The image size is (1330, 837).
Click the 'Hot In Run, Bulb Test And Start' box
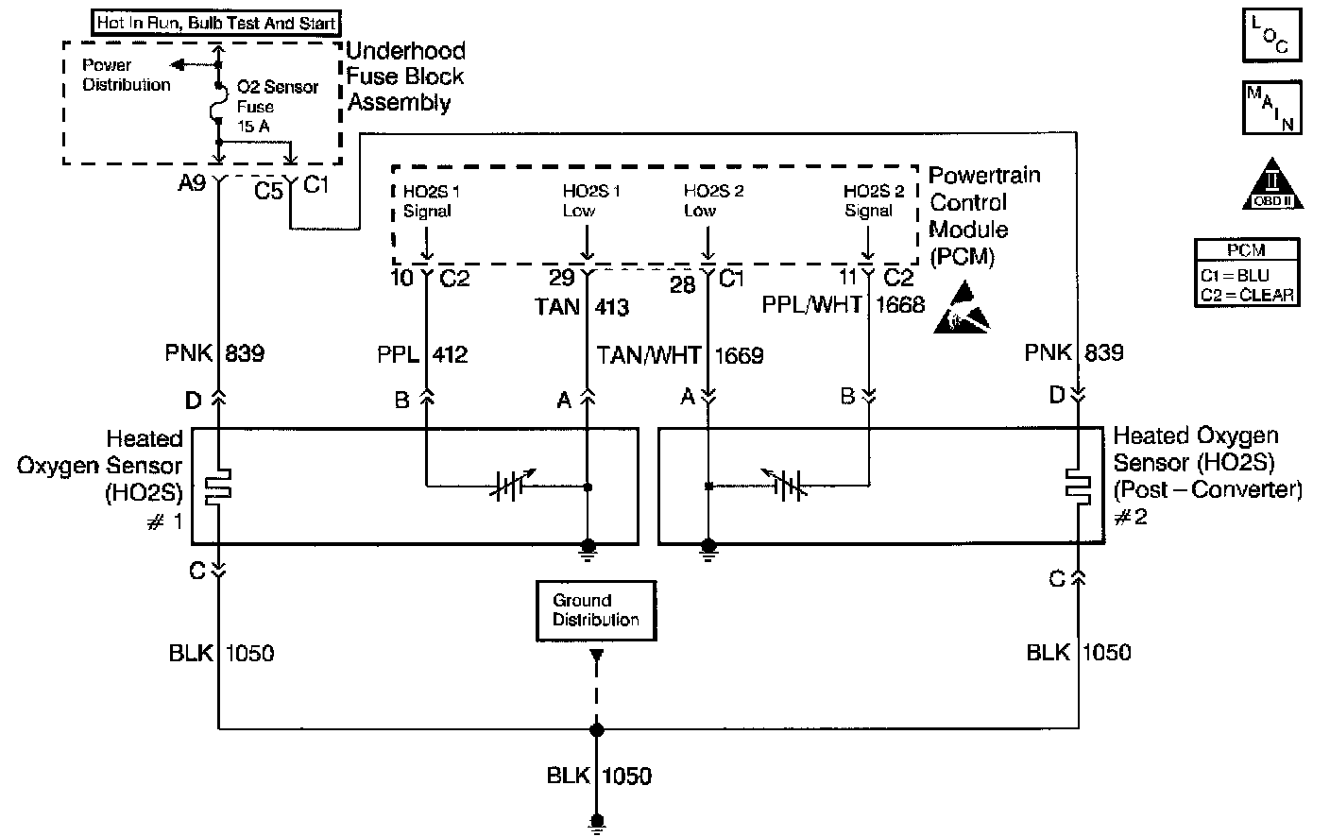tap(216, 23)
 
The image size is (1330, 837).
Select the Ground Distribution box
tap(595, 610)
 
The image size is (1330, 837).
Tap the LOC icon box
tap(1270, 36)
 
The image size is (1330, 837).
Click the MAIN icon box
tap(1270, 109)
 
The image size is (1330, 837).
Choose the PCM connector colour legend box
tap(1247, 272)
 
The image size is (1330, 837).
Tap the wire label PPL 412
tap(422, 355)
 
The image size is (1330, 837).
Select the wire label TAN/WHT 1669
tap(680, 355)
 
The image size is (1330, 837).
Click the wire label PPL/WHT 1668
tap(843, 305)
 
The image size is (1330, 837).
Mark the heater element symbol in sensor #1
tap(219, 486)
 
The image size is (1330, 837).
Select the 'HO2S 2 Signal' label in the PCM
tap(872, 200)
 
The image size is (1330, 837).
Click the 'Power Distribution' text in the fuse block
tap(126, 75)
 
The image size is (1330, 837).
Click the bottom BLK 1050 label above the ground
tap(599, 776)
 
